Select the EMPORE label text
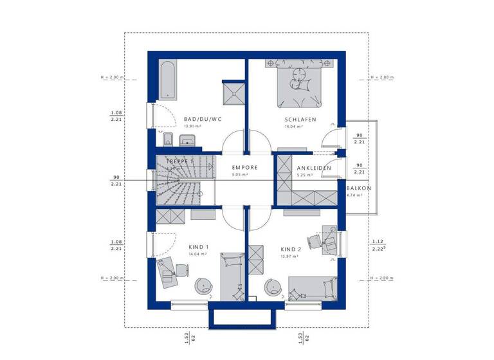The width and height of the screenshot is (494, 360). tap(245, 168)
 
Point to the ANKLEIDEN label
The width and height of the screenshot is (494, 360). tap(313, 168)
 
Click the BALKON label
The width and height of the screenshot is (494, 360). tap(358, 188)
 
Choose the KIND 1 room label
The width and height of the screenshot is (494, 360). tap(199, 247)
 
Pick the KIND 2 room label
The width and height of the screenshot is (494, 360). tap(291, 249)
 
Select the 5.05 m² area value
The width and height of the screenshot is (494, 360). tap(241, 175)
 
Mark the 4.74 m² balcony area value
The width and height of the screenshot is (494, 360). tap(354, 195)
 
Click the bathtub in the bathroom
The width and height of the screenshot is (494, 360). tap(167, 80)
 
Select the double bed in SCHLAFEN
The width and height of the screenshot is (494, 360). tap(299, 85)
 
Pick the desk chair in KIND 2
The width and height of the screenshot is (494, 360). tap(315, 240)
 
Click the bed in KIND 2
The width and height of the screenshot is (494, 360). tap(312, 287)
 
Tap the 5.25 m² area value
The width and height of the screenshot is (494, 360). tap(304, 175)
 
